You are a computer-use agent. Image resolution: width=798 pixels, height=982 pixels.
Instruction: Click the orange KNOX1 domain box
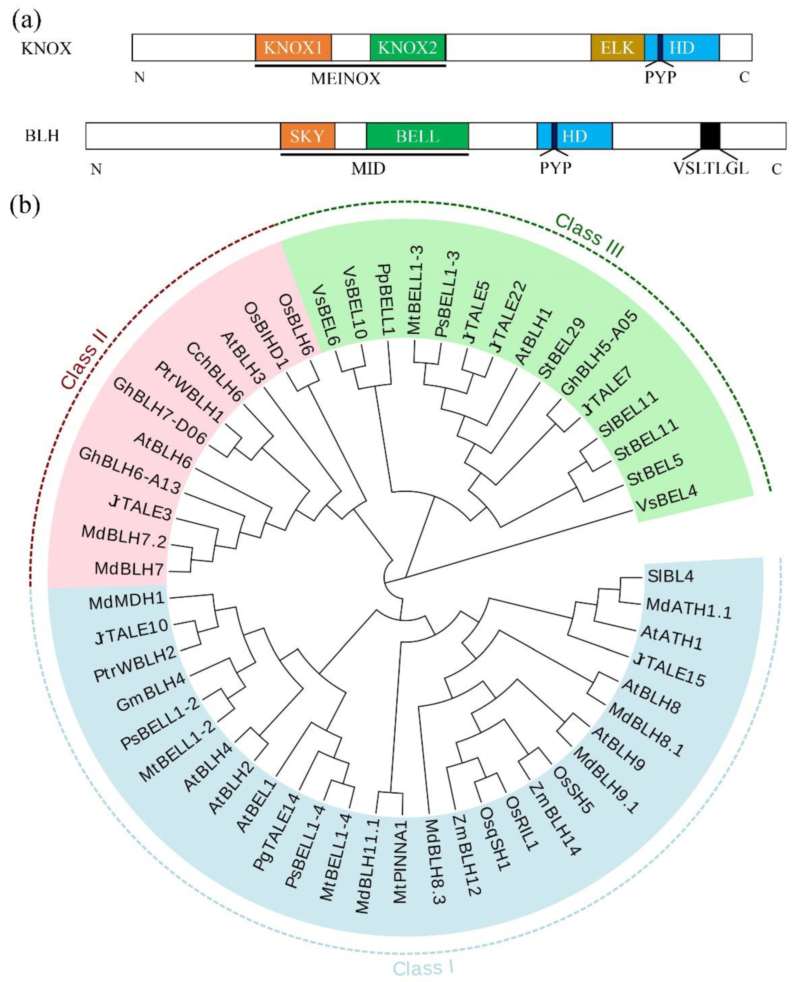(x=293, y=47)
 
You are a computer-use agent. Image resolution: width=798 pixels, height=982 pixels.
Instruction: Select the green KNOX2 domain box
(x=407, y=47)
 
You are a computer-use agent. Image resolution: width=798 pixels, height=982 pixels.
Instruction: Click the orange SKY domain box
(x=307, y=136)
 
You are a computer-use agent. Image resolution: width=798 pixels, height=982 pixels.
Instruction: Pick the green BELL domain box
(x=417, y=136)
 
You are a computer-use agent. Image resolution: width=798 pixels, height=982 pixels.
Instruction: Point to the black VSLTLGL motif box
(x=710, y=136)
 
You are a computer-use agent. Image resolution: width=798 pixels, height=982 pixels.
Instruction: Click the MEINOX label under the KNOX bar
(x=346, y=79)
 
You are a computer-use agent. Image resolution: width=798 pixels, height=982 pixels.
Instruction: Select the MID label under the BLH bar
(x=368, y=169)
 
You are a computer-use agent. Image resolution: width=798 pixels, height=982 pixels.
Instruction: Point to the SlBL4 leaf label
(x=670, y=576)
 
